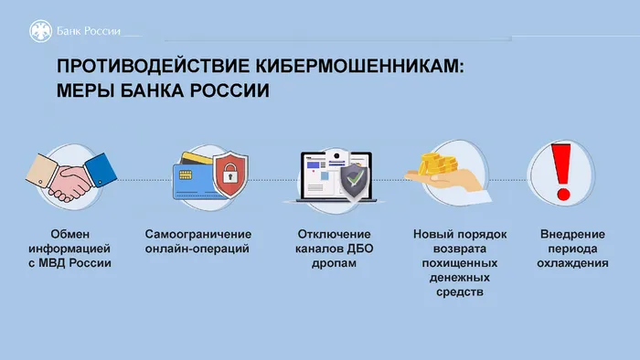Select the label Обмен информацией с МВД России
69,248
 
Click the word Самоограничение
198,233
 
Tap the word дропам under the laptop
333,263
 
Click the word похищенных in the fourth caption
459,263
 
